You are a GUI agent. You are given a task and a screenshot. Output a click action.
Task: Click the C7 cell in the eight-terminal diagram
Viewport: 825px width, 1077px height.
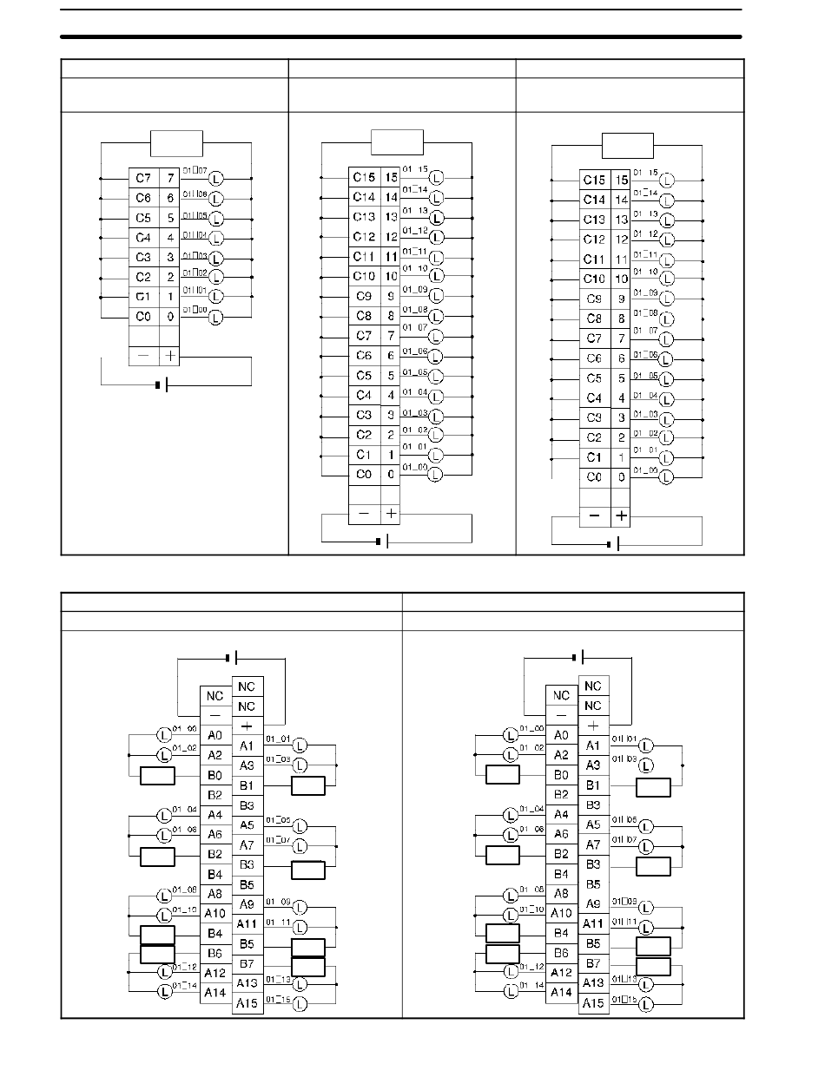tap(142, 178)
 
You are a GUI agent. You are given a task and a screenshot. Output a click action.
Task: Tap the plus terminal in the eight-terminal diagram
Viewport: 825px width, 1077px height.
tap(170, 356)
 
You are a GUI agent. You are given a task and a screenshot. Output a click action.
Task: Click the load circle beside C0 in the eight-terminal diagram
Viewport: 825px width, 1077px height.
tap(215, 318)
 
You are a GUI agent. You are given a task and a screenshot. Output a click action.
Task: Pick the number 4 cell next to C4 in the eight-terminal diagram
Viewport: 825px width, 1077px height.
tap(170, 237)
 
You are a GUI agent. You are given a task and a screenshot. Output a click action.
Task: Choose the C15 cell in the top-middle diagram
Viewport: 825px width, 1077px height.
tap(364, 177)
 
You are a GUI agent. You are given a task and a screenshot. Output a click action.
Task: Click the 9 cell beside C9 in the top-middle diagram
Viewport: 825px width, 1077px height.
tap(391, 296)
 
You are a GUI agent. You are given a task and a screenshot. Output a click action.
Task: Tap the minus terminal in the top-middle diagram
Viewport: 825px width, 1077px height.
tap(363, 514)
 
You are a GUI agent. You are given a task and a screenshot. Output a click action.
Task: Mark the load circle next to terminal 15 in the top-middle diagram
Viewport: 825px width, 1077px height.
tap(436, 178)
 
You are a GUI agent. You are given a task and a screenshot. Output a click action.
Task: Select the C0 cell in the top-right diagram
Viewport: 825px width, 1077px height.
tap(594, 476)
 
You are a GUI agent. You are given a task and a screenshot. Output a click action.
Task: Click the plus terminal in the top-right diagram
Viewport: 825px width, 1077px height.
tap(621, 516)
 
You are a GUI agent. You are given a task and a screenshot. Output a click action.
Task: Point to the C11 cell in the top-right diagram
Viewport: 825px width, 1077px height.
tap(594, 259)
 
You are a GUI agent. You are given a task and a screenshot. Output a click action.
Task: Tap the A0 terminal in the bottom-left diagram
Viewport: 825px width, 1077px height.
tap(214, 734)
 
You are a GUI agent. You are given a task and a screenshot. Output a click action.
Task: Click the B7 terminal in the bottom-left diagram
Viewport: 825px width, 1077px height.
tap(247, 963)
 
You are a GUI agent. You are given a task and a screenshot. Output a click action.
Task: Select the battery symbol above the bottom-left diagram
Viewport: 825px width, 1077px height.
tap(231, 657)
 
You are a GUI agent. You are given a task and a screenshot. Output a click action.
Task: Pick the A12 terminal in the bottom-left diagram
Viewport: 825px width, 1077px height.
tap(214, 973)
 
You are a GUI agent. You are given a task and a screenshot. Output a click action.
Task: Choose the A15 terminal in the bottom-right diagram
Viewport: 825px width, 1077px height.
tap(593, 1002)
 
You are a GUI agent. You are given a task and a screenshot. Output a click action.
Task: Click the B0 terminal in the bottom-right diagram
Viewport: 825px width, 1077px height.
tap(561, 775)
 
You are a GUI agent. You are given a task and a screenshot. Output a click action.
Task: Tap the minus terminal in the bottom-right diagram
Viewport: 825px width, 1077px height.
tap(561, 715)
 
